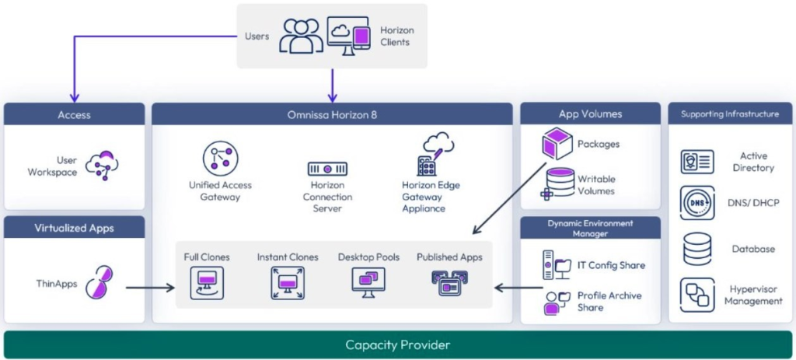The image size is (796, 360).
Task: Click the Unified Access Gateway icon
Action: click(220, 158)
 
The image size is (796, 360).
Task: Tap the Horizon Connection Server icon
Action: click(326, 168)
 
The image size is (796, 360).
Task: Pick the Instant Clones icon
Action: click(287, 282)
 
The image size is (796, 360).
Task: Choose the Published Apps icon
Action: click(449, 281)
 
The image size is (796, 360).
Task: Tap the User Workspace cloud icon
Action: click(103, 165)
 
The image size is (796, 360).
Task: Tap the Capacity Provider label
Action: click(397, 344)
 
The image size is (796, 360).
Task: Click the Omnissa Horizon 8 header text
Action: click(332, 114)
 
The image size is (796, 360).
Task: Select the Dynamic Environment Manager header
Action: click(590, 228)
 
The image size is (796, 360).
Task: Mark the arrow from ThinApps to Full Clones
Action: click(149, 288)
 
